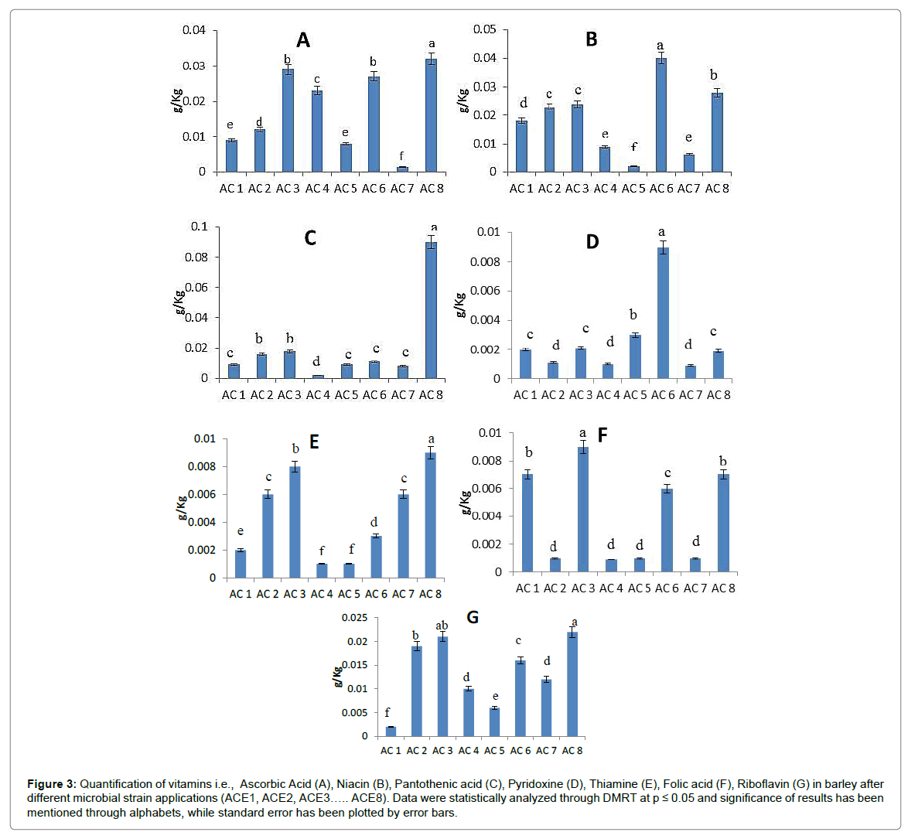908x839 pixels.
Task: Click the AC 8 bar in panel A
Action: point(431,115)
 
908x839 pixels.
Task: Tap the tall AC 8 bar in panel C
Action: point(431,309)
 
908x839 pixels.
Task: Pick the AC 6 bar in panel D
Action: point(663,312)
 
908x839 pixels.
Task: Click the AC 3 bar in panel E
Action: point(295,522)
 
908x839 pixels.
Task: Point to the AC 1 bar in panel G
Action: point(391,732)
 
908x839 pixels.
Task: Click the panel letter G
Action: point(473,617)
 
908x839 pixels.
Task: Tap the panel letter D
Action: point(592,242)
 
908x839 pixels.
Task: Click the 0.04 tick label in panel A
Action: point(194,30)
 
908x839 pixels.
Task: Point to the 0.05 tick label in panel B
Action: point(485,29)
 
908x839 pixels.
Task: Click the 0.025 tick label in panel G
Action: point(354,618)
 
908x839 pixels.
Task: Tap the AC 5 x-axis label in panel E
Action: point(349,594)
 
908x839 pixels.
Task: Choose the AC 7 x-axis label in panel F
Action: point(695,588)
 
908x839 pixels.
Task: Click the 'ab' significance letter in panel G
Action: point(442,626)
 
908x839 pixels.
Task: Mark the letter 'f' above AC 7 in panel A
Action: point(401,156)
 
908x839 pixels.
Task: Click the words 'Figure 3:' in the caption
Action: point(51,784)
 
